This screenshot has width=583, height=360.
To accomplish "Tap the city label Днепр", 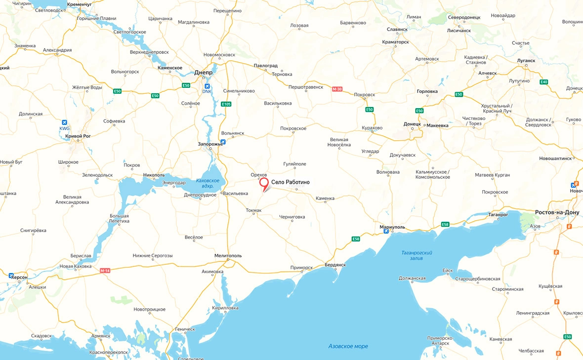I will point(203,72).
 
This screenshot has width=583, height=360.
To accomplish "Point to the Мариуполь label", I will point(392,227).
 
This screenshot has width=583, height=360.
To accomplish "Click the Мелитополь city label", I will point(228,255).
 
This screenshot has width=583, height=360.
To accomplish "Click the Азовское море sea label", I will point(348,346).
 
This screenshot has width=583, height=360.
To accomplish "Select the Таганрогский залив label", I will point(414,255).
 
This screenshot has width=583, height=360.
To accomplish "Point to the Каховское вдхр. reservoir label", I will point(208,184).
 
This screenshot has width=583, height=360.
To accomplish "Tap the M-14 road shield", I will point(105,271).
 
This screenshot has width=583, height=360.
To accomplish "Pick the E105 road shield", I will point(226,104).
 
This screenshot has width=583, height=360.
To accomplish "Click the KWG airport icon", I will point(64,122).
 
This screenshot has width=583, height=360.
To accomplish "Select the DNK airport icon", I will point(207,85).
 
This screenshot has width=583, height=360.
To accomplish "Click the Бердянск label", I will point(335,265).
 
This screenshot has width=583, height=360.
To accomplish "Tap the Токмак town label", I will point(253,211).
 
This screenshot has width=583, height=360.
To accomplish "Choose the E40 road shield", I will point(544,82).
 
